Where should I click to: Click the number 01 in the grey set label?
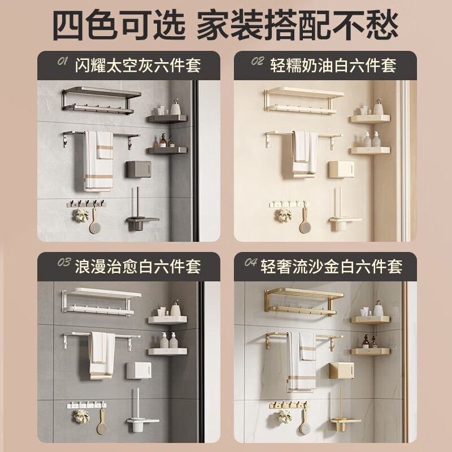63,61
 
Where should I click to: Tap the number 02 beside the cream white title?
258,61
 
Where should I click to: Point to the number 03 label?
64,262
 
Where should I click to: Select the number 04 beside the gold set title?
251,262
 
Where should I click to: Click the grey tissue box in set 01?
138,169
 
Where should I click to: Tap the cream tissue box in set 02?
341,169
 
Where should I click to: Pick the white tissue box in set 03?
138,371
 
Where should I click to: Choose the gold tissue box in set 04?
342,371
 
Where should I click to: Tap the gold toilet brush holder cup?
338,427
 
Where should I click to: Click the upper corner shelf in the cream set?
370,119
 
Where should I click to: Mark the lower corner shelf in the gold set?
370,351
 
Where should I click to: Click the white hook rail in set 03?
86,405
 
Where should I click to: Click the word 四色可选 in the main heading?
119,25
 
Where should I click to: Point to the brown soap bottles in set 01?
167,141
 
